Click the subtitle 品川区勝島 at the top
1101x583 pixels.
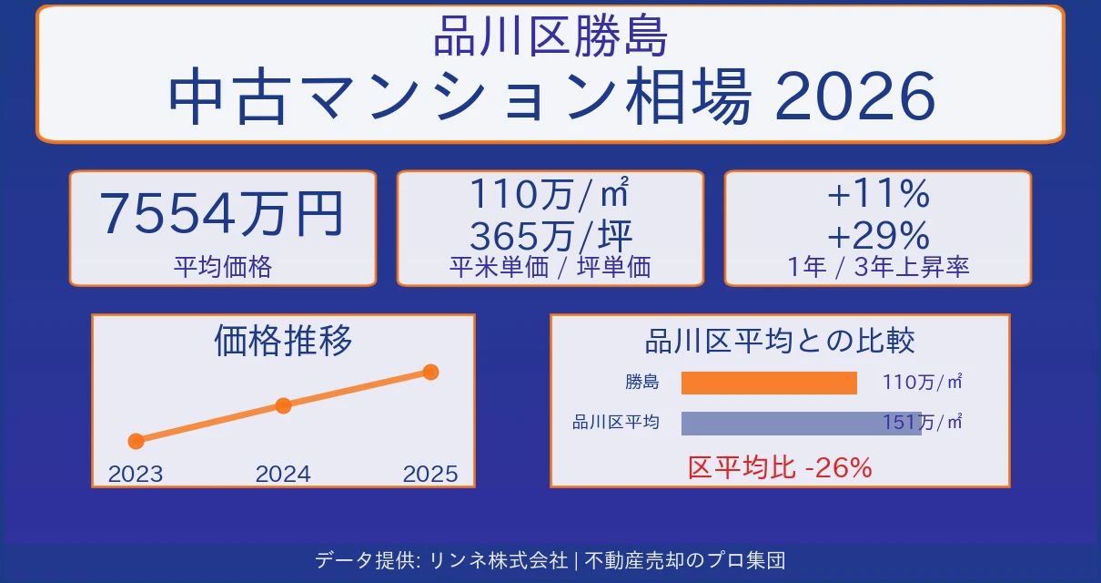click(x=550, y=40)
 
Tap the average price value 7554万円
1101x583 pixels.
click(x=222, y=215)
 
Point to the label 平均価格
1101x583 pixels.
click(x=222, y=267)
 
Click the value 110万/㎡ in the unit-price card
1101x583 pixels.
click(x=550, y=194)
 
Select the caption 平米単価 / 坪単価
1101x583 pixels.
click(x=550, y=267)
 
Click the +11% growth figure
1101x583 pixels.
click(x=877, y=194)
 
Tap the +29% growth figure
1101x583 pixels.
click(x=877, y=237)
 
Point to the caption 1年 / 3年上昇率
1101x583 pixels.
click(x=877, y=267)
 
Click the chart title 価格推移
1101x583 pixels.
click(x=283, y=341)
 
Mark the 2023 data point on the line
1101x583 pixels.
click(x=136, y=441)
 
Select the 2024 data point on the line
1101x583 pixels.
click(x=283, y=405)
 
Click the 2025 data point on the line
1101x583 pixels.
click(x=431, y=372)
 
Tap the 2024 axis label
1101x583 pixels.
click(x=283, y=474)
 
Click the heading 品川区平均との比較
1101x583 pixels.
click(x=780, y=342)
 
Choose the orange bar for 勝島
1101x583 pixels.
click(x=769, y=383)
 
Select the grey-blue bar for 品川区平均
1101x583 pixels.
click(x=801, y=423)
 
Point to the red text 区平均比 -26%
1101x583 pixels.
click(x=780, y=468)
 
